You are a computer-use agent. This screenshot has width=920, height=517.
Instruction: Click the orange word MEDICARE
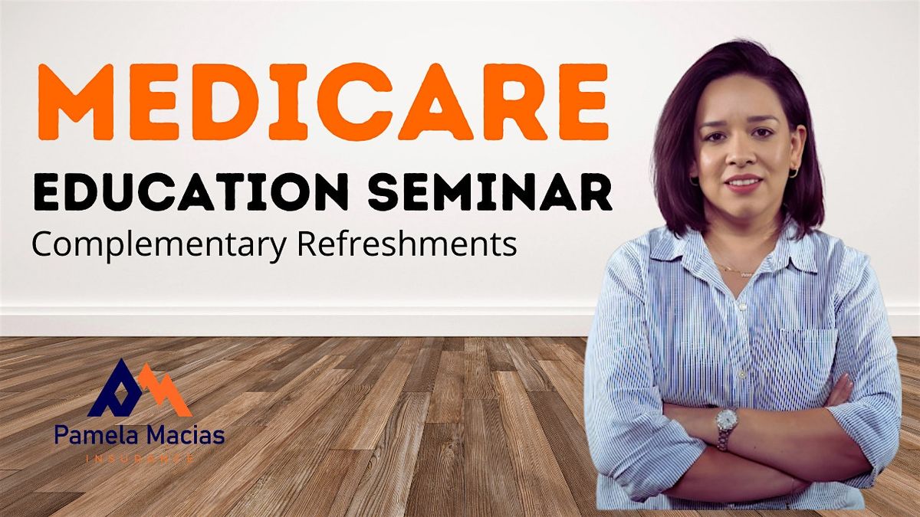(323, 102)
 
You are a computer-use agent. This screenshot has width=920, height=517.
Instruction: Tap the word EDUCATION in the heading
(191, 192)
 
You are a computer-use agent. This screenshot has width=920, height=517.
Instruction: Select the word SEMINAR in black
(490, 192)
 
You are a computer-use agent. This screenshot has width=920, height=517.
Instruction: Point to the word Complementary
(159, 245)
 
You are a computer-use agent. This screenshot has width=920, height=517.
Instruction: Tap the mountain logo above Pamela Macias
(140, 388)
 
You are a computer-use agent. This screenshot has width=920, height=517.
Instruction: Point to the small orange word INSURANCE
(140, 458)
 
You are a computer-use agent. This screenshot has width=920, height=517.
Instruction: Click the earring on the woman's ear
(793, 173)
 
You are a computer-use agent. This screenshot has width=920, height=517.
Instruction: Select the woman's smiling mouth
(744, 182)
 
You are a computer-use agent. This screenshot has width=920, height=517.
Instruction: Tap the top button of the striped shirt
(742, 306)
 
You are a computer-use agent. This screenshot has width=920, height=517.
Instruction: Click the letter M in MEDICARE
(76, 102)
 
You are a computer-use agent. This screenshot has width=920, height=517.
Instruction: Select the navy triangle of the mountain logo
(116, 388)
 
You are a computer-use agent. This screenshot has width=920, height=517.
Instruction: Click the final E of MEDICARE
(583, 102)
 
